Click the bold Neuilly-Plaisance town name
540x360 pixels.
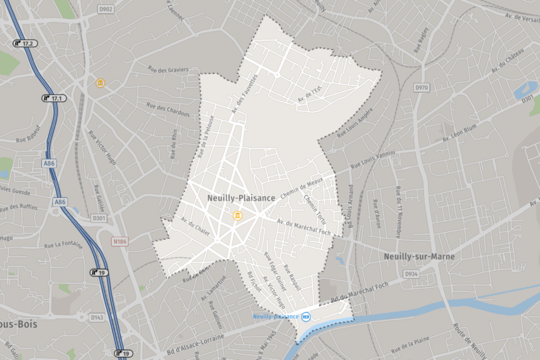[241, 198]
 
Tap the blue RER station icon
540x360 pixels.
[306, 316]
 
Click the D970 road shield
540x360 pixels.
[422, 87]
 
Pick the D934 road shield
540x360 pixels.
[411, 274]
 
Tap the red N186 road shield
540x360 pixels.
[120, 241]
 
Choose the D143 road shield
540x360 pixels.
[97, 317]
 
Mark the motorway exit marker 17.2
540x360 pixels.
[26, 43]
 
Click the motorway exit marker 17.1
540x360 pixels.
[55, 98]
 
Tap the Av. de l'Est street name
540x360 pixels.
[309, 95]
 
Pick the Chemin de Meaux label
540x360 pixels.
[301, 188]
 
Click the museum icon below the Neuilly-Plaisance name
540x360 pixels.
[238, 215]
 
